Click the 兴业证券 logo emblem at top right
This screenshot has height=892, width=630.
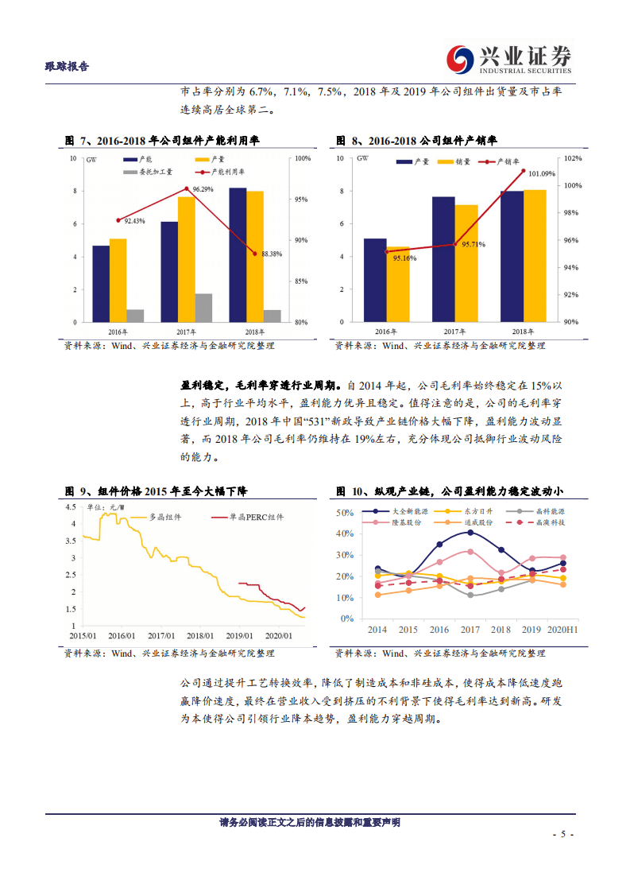(x=459, y=58)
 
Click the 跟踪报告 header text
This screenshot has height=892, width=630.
(x=67, y=67)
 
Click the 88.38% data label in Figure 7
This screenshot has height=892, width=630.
(x=272, y=254)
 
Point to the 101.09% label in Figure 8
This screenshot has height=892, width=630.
(x=542, y=173)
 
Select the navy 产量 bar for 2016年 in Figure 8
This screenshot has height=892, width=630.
(x=375, y=280)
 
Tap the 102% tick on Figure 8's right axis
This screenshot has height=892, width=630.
(x=572, y=158)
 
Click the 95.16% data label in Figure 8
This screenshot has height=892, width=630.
(x=404, y=258)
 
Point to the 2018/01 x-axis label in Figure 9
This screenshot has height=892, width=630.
(x=200, y=635)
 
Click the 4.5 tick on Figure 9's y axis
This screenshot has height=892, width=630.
(x=70, y=506)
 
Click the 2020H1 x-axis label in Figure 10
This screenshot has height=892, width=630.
(x=562, y=629)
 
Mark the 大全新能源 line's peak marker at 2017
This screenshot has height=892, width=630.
(x=470, y=532)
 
